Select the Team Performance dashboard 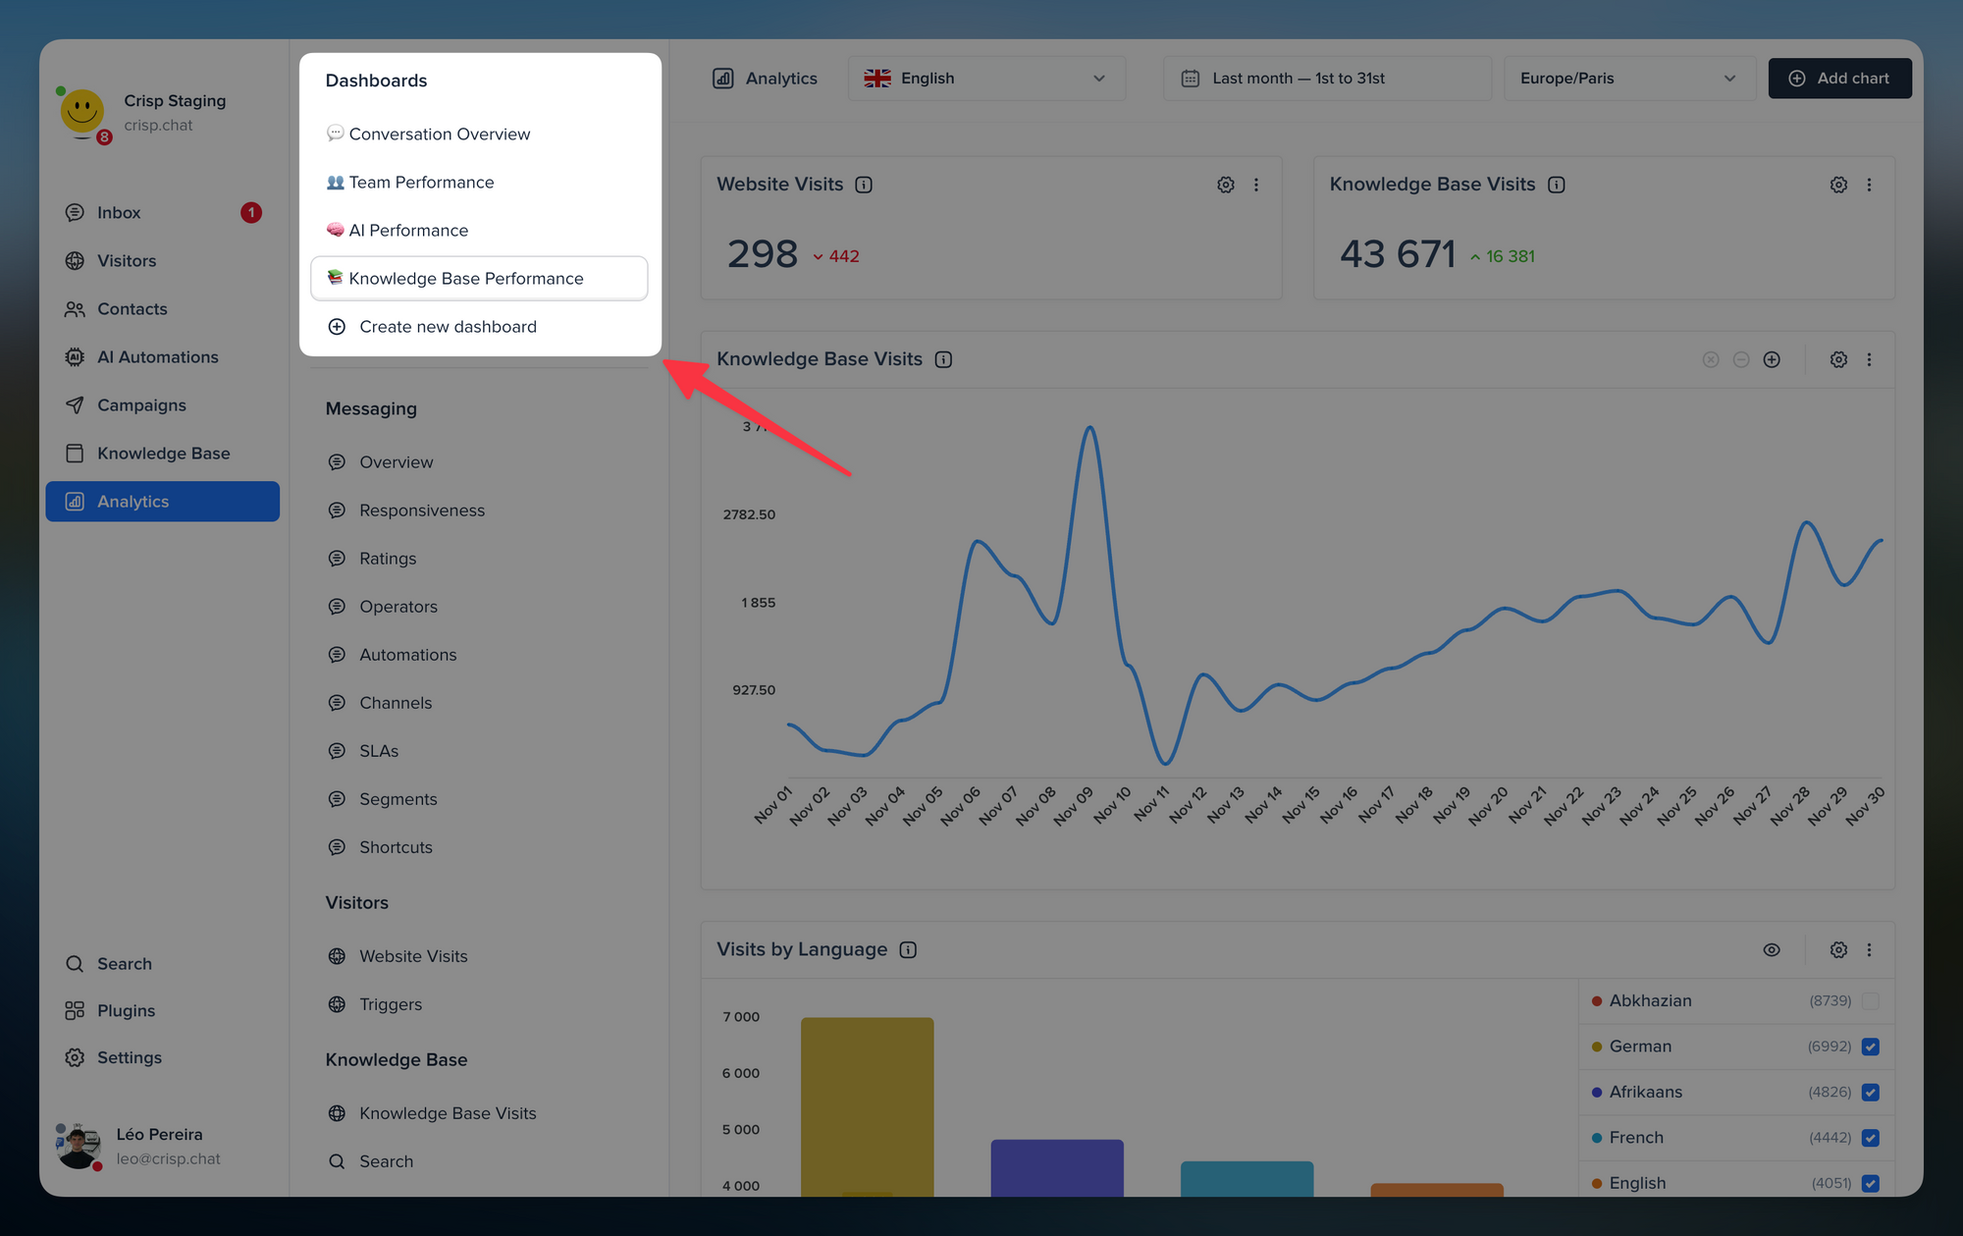tap(421, 183)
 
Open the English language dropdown tap(985, 79)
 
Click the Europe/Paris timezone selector tap(1627, 79)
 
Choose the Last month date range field tap(1326, 79)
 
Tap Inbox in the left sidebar tap(119, 213)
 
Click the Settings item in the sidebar tap(129, 1057)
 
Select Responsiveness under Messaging tap(421, 511)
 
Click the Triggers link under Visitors tap(390, 1004)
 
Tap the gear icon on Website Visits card tap(1226, 185)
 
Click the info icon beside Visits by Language tap(908, 949)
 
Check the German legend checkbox tap(1870, 1047)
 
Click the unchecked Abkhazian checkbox tap(1870, 1001)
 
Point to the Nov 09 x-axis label tap(1073, 806)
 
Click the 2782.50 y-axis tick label tap(749, 514)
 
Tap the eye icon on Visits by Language tap(1771, 949)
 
